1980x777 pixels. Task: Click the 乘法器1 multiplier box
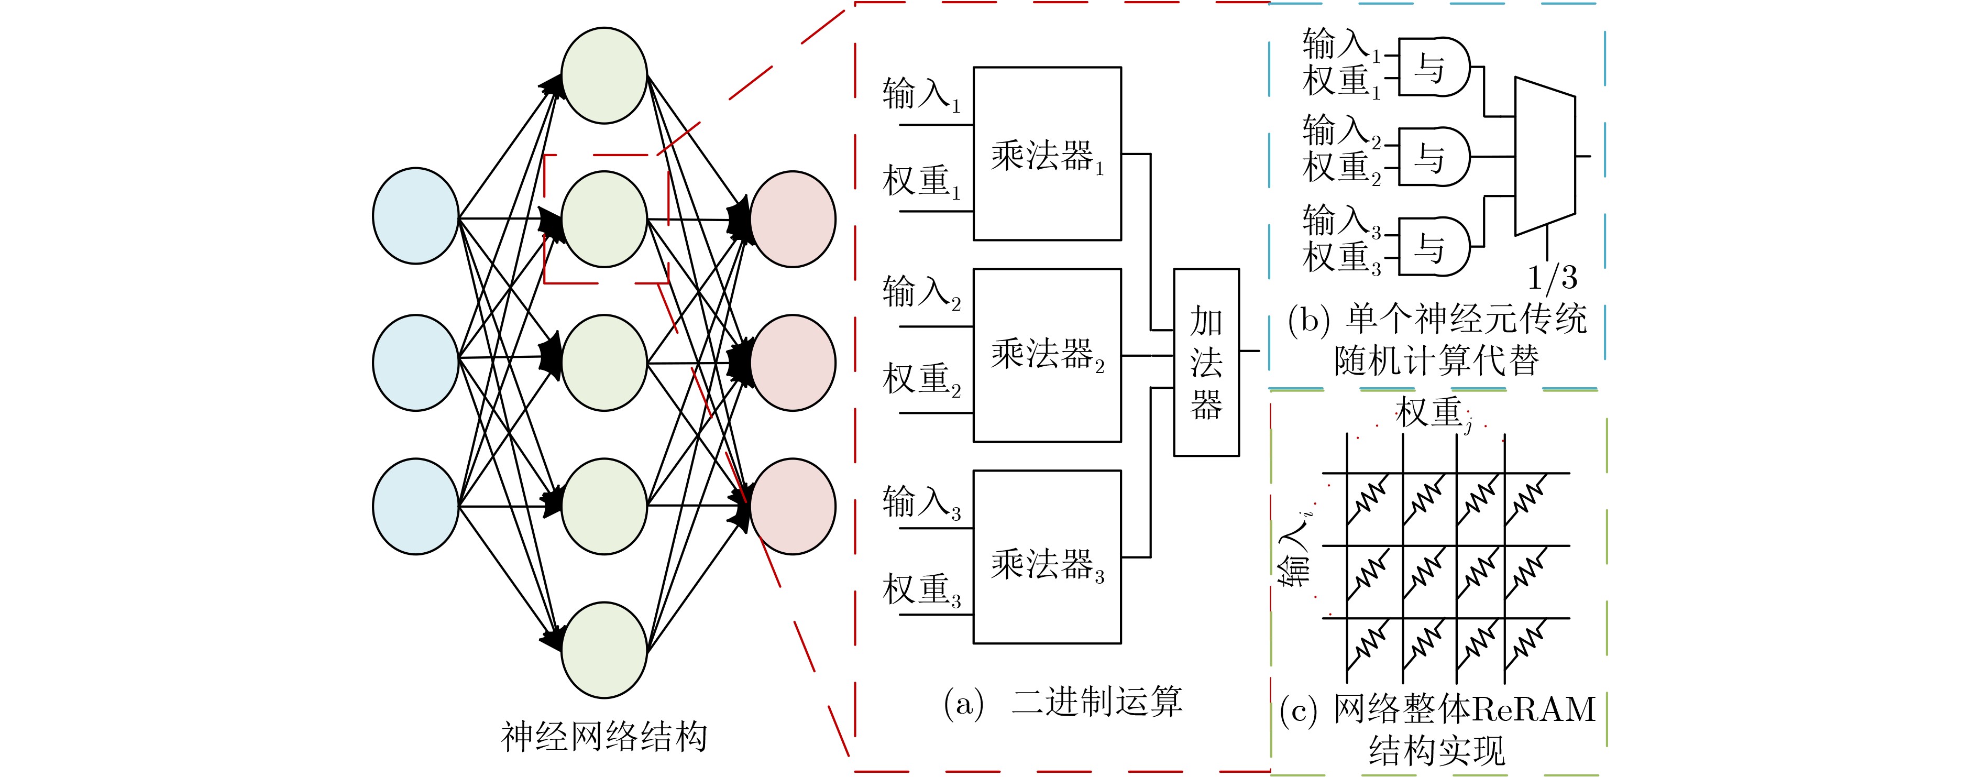click(1047, 154)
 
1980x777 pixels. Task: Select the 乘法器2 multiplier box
click(1047, 355)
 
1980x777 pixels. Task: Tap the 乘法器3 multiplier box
click(1047, 556)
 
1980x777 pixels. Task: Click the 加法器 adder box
click(1206, 362)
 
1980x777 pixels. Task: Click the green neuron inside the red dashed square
click(604, 219)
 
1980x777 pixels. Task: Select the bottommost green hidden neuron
click(604, 650)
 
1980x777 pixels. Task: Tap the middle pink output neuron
click(793, 363)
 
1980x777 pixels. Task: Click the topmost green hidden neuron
click(604, 75)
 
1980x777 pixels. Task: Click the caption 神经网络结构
click(604, 736)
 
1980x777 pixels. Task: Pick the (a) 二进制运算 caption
click(1063, 702)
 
